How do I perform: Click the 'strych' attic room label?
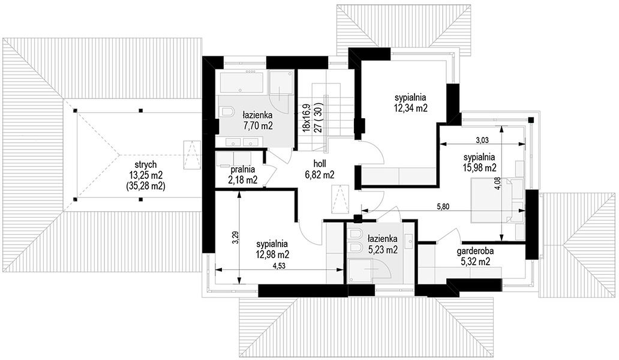[x=145, y=164]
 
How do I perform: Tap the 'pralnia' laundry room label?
[x=243, y=170]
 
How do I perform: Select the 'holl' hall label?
[x=320, y=164]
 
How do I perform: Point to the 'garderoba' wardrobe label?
[x=475, y=251]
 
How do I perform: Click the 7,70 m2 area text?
[x=257, y=125]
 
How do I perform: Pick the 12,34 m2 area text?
[x=411, y=108]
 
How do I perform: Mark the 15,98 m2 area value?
[x=480, y=168]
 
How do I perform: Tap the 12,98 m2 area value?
[x=272, y=254]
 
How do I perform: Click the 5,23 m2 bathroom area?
[x=382, y=250]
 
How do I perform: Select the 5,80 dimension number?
[x=442, y=206]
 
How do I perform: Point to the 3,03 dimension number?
[x=482, y=139]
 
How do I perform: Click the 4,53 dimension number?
[x=279, y=266]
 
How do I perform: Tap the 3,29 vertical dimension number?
[x=235, y=237]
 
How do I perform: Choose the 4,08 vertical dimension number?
[x=497, y=183]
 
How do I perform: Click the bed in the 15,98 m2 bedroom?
[x=497, y=200]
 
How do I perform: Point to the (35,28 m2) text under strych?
[x=145, y=185]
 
